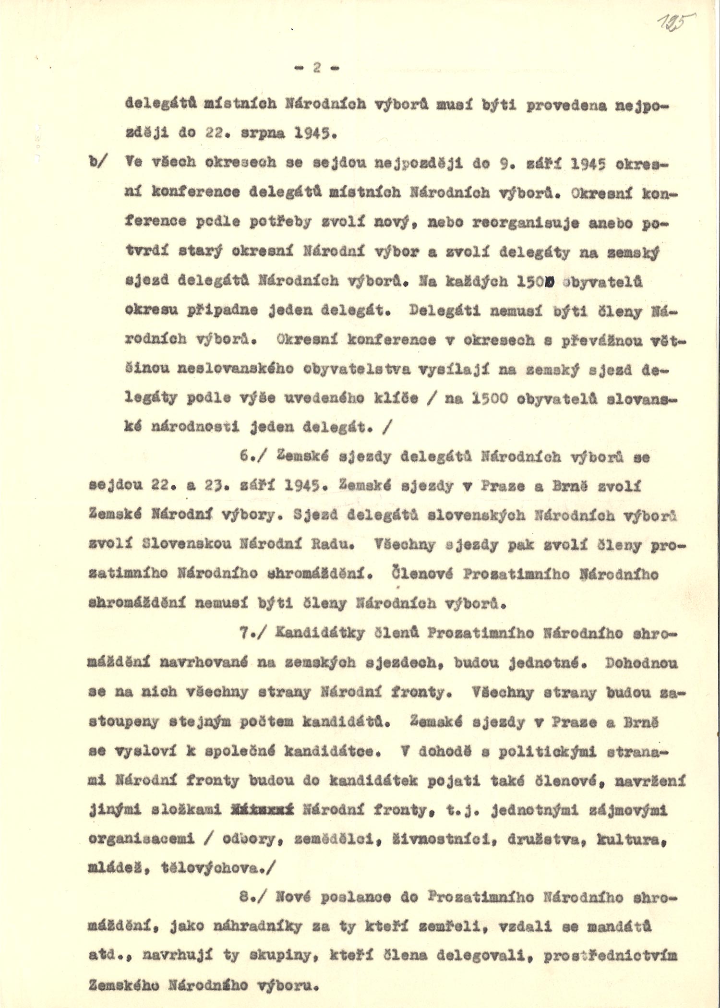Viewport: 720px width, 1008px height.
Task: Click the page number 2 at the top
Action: [x=317, y=68]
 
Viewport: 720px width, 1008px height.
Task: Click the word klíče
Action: [x=401, y=398]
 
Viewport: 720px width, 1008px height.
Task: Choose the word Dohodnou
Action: [x=641, y=663]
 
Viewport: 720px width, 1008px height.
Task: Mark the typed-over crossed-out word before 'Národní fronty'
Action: [x=262, y=810]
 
